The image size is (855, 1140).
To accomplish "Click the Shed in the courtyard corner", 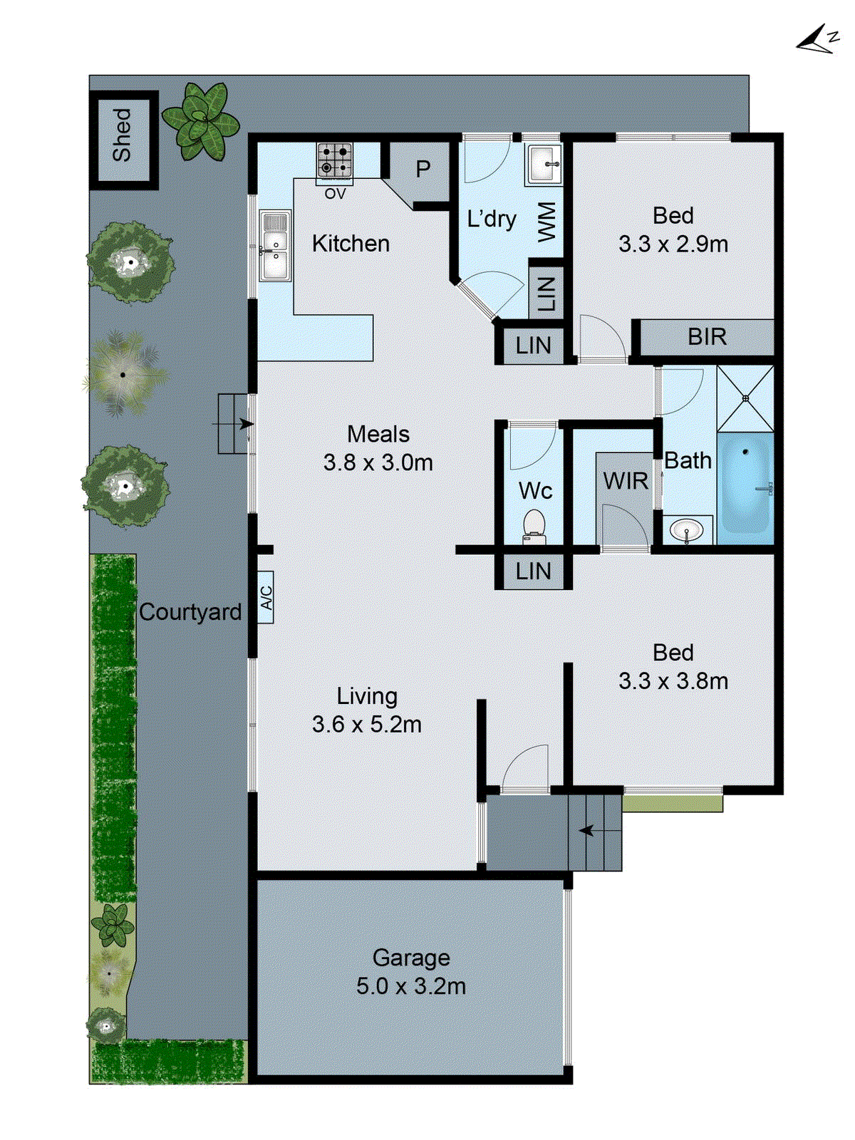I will [123, 135].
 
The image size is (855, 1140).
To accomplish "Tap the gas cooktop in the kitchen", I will [334, 160].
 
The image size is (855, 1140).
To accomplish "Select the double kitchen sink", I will [274, 245].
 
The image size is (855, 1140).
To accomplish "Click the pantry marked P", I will [423, 169].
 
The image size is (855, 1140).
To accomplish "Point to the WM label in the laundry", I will [546, 222].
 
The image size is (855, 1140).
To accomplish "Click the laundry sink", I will [544, 164].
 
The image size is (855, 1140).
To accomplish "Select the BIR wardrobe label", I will [707, 336].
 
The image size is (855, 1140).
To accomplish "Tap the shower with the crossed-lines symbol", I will [745, 398].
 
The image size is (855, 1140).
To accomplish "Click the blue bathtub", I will [745, 483].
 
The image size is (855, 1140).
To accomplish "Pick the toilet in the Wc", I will [534, 526].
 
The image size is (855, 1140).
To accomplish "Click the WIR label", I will [626, 482].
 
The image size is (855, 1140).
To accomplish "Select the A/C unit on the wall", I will [266, 597].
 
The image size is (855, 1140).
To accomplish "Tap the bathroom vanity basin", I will [688, 530].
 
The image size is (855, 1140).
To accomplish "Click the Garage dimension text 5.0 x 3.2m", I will [411, 987].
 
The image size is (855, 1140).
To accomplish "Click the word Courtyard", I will [190, 612].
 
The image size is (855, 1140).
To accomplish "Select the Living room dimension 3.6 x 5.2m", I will [367, 725].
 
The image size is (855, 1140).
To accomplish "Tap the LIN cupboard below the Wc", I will [533, 571].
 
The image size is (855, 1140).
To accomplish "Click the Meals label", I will [378, 434].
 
